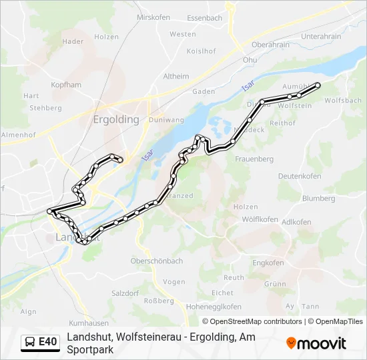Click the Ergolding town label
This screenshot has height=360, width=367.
pos(113,120)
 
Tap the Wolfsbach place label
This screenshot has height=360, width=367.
pos(345,101)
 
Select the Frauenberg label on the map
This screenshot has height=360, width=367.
pos(254,159)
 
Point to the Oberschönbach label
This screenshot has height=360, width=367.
pos(157,261)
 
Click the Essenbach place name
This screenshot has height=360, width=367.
pos(204,18)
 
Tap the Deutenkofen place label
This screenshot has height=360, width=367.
pos(300,176)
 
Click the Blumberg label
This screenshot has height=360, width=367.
pos(318,199)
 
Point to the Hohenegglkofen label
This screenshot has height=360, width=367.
pos(214,307)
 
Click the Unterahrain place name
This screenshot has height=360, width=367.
pos(321,37)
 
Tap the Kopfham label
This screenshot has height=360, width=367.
pos(66,85)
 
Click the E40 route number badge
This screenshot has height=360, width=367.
pos(47,342)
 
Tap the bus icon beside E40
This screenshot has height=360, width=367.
pos(31,342)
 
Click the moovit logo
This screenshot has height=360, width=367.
pos(316,343)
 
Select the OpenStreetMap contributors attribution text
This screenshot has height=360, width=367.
pos(252,321)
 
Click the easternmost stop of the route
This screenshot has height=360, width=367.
pos(318,85)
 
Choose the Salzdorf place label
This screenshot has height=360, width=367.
pos(125,293)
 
